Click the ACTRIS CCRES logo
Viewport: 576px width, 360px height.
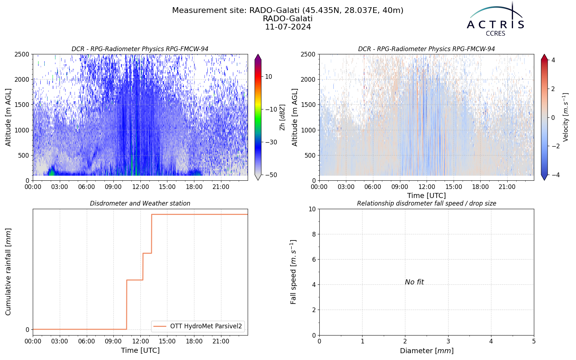[x=495, y=19]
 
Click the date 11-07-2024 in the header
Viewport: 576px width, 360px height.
[x=288, y=27]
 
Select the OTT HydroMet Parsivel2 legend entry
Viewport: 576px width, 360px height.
[x=198, y=326]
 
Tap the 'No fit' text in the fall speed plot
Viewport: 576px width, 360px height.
[x=414, y=282]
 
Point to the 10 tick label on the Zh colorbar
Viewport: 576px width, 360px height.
[x=269, y=77]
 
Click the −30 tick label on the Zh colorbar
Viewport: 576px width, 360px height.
[x=271, y=142]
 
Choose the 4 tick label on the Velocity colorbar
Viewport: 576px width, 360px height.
[x=553, y=60]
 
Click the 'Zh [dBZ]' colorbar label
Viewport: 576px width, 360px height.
[x=283, y=117]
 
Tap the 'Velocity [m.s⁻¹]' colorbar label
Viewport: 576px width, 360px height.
[x=565, y=117]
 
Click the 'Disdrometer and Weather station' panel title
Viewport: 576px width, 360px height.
[x=140, y=203]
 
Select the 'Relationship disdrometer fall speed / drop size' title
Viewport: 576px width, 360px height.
[x=427, y=203]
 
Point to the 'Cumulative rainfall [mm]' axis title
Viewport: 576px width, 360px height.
[x=8, y=272]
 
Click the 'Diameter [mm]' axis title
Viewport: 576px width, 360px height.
[x=427, y=351]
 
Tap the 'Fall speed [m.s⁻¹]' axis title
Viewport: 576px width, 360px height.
[x=293, y=272]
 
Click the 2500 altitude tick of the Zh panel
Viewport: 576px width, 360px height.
[x=22, y=54]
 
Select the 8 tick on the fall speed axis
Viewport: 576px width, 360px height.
[x=314, y=234]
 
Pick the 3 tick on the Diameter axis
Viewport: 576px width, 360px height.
[x=448, y=342]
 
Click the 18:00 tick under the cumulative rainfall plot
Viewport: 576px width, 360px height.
[x=194, y=342]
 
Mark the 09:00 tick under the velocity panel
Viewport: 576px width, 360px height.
[x=400, y=187]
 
